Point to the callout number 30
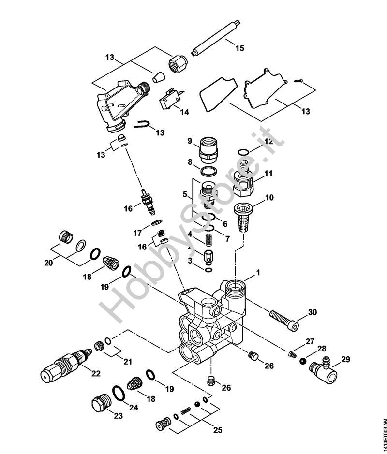pos(312,312)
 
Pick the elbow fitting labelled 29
pos(320,369)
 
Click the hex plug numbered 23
pos(100,404)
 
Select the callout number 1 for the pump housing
pos(258,273)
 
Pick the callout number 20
pos(48,263)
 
